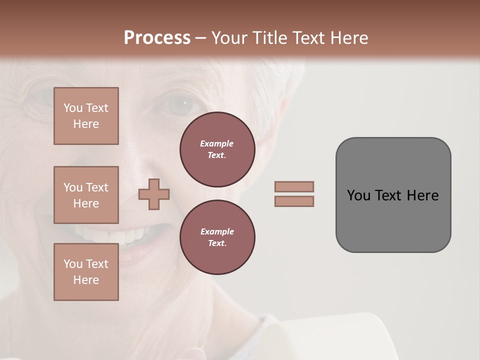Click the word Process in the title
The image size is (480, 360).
[157, 38]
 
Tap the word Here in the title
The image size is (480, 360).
[349, 38]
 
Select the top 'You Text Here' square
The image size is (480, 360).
[86, 116]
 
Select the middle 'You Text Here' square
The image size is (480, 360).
[86, 195]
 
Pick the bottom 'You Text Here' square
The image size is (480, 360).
[86, 272]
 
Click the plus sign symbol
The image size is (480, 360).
[154, 194]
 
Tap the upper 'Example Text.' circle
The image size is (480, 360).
[217, 149]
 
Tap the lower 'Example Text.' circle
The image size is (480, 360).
[217, 237]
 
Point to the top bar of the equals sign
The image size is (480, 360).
[294, 186]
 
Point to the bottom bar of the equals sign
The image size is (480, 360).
[294, 201]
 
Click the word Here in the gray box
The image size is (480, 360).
[422, 195]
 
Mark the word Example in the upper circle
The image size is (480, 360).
[216, 143]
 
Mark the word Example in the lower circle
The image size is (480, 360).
[217, 231]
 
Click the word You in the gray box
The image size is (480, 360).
[358, 195]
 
